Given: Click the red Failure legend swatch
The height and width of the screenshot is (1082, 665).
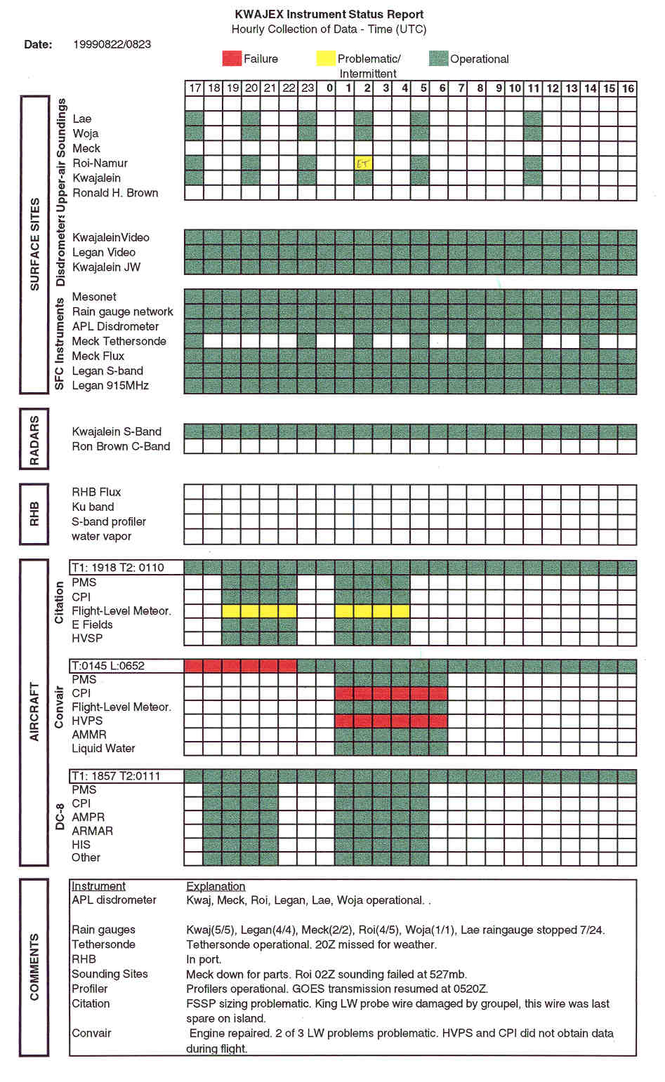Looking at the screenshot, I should pyautogui.click(x=232, y=59).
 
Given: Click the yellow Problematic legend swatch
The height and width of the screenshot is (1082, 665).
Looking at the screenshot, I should pyautogui.click(x=325, y=59).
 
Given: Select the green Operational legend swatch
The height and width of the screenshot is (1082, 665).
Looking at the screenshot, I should pyautogui.click(x=438, y=59).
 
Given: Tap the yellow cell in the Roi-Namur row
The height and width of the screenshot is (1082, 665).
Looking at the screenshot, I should pyautogui.click(x=363, y=163).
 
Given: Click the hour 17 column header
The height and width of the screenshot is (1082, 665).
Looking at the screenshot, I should pyautogui.click(x=195, y=88).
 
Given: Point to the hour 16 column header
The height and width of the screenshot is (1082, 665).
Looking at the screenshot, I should pyautogui.click(x=628, y=88).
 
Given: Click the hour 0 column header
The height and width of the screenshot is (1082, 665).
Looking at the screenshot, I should pyautogui.click(x=329, y=88).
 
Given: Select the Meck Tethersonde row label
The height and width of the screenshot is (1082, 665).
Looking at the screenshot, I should pyautogui.click(x=119, y=341).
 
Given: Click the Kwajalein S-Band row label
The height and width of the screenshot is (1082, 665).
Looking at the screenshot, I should pyautogui.click(x=117, y=432).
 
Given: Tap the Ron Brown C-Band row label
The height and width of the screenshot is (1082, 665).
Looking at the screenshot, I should pyautogui.click(x=121, y=446).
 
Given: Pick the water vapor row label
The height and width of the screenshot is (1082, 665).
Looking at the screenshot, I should pyautogui.click(x=101, y=536).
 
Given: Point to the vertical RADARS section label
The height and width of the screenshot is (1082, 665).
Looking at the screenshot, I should pyautogui.click(x=34, y=439).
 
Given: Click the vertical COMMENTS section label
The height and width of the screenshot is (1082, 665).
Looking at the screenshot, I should pyautogui.click(x=34, y=967).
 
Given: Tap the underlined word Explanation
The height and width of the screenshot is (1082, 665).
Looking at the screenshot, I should pyautogui.click(x=216, y=886).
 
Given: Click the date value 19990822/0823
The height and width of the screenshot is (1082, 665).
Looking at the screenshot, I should pyautogui.click(x=112, y=44).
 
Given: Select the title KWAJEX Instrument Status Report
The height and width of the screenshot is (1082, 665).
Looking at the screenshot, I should pyautogui.click(x=329, y=14).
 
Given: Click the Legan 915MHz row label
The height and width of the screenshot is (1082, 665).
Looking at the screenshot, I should pyautogui.click(x=110, y=385).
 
